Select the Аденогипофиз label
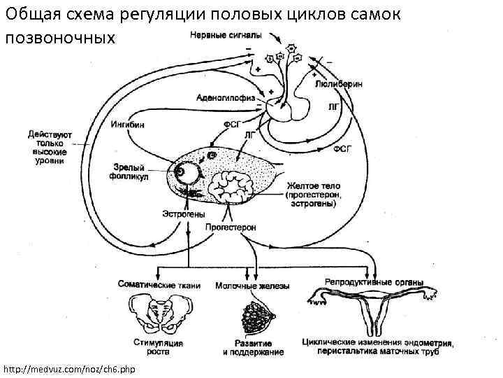[x=224, y=99]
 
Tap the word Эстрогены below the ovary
[x=183, y=213]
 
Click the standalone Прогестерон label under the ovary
[x=231, y=227]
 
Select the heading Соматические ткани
[x=159, y=285]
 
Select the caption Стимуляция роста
[x=159, y=347]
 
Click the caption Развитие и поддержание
[x=254, y=347]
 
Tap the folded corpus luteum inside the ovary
[x=231, y=186]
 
